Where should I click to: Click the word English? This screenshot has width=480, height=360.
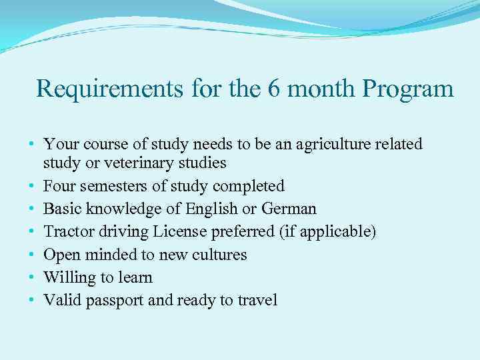click(x=207, y=209)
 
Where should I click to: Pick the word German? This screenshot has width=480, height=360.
click(x=288, y=209)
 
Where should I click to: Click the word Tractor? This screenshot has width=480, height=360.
click(x=67, y=231)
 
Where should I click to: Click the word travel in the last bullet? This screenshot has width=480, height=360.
click(x=257, y=301)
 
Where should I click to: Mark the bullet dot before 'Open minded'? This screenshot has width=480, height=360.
click(x=32, y=255)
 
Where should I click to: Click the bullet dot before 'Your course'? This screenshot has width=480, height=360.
click(x=32, y=145)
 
